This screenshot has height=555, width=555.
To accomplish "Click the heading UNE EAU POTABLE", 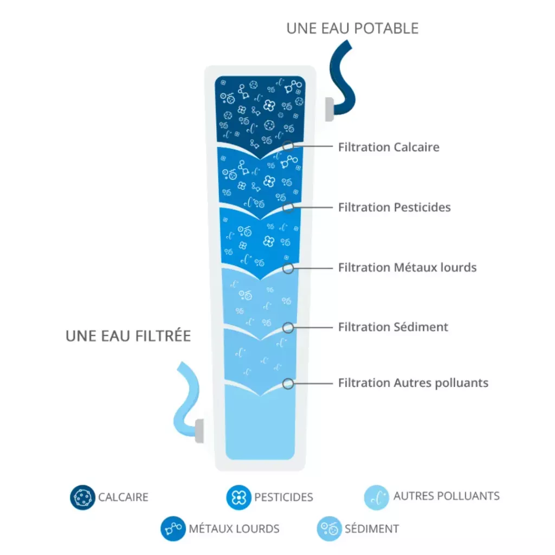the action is tap(352, 28).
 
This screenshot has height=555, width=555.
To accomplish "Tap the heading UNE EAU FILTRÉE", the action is tap(128, 335).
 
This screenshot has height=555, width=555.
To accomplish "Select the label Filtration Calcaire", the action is tap(389, 147).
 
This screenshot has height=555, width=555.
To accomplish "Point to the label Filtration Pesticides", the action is tap(395, 207).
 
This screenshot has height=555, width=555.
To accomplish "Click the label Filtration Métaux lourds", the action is tap(408, 267).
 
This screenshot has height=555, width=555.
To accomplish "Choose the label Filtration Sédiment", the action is tap(393, 327).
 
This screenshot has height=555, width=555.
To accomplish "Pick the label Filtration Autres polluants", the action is tap(413, 383).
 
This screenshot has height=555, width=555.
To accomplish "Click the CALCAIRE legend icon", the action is tap(82, 498).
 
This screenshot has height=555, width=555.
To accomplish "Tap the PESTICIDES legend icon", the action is tap(238, 498).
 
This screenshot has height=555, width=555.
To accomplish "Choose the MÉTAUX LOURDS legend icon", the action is tap(173, 528).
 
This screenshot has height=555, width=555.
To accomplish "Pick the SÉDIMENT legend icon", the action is tap(329, 528).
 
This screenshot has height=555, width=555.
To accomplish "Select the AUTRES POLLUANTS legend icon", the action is tap(377, 498).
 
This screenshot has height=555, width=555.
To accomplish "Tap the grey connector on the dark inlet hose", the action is tap(329, 109).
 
